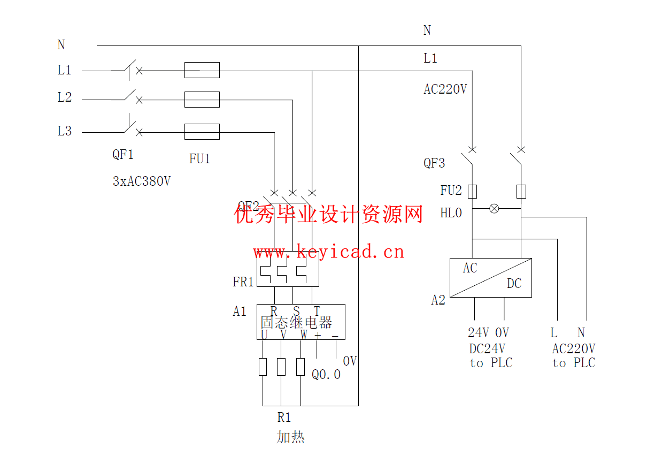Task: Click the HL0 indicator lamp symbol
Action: pyautogui.click(x=495, y=208)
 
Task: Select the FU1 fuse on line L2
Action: pyautogui.click(x=202, y=100)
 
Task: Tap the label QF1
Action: pyautogui.click(x=122, y=155)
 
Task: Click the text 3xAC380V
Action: pyautogui.click(x=142, y=181)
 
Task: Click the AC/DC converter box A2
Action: pyautogui.click(x=490, y=278)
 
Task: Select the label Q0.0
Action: pyautogui.click(x=326, y=375)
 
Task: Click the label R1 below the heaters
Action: pyautogui.click(x=284, y=418)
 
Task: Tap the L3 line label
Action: pyautogui.click(x=64, y=131)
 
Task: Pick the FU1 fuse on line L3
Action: pyautogui.click(x=202, y=132)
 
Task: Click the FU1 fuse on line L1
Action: pyautogui.click(x=202, y=70)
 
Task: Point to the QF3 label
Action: pyautogui.click(x=434, y=163)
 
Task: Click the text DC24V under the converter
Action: pyautogui.click(x=487, y=349)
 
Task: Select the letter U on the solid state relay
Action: pyautogui.click(x=264, y=335)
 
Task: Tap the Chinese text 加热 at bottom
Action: pyautogui.click(x=290, y=437)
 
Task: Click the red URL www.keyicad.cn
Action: pyautogui.click(x=328, y=252)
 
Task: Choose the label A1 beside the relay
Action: pyautogui.click(x=240, y=312)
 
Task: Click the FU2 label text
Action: pyautogui.click(x=451, y=191)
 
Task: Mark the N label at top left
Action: pyautogui.click(x=61, y=45)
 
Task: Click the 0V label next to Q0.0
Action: pyautogui.click(x=350, y=361)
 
